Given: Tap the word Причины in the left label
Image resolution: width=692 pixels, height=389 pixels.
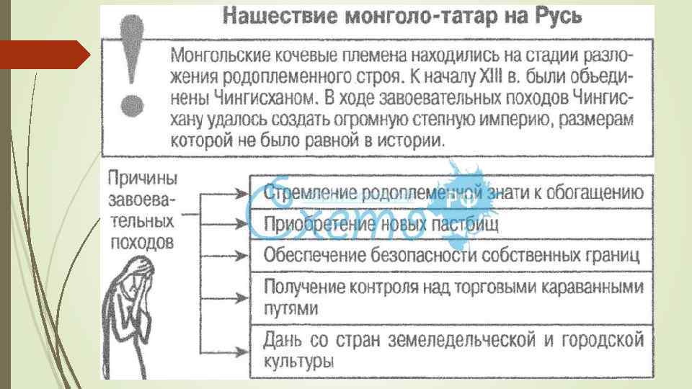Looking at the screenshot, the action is (143, 177).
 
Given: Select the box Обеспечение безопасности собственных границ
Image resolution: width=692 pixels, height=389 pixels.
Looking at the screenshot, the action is (451, 255).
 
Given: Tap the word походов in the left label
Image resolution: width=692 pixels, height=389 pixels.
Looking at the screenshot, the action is (141, 241).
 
